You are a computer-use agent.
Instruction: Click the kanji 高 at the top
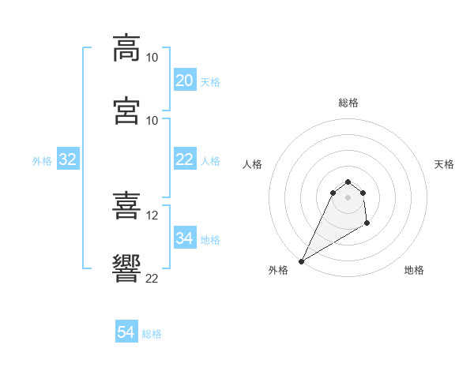(x=127, y=47)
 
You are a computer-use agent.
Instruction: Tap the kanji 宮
(x=127, y=111)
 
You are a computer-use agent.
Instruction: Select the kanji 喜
(x=127, y=206)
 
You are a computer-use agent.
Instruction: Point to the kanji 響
(x=127, y=269)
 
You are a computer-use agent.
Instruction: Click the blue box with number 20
(x=184, y=81)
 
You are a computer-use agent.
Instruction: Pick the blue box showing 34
(x=184, y=238)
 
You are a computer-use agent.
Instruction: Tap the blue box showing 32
(x=68, y=159)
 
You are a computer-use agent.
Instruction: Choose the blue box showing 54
(x=126, y=332)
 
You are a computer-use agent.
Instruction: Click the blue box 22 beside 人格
(x=184, y=159)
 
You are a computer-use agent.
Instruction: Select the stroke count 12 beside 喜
(x=152, y=215)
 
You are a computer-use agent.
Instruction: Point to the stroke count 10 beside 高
(x=152, y=58)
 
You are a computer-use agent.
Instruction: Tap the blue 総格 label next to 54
(x=152, y=334)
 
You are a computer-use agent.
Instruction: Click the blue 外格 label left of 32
(x=42, y=161)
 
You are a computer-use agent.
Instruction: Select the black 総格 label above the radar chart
(x=348, y=103)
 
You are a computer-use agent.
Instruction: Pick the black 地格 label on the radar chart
(x=414, y=271)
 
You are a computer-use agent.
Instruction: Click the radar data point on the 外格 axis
(x=301, y=260)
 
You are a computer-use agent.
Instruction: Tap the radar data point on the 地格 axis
(x=367, y=225)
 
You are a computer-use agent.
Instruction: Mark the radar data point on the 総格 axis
(x=348, y=180)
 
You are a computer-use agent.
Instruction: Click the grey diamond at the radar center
(x=348, y=197)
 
